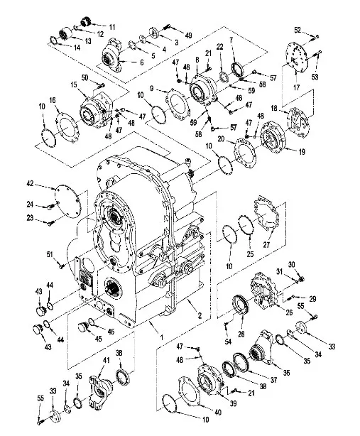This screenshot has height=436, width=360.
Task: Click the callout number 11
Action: tap(111, 27)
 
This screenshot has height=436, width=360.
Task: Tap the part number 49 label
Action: tap(188, 36)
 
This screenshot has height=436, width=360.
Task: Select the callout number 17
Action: tap(297, 87)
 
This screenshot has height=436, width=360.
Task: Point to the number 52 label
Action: tap(298, 30)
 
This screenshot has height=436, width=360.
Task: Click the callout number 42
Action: tap(30, 183)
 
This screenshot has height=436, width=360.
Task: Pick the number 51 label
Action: tap(50, 254)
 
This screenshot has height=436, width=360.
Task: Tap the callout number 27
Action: tap(266, 245)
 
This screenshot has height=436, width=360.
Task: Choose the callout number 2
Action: tap(200, 315)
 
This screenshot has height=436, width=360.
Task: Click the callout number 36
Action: tap(286, 373)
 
